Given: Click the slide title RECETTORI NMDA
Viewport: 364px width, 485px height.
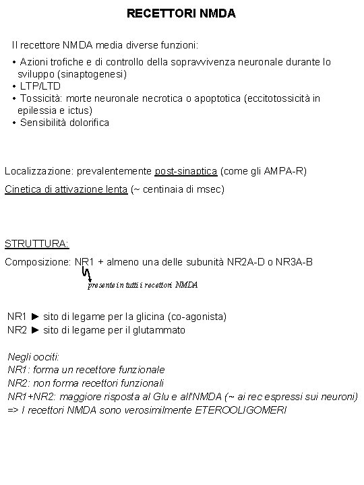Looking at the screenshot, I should click(181, 13).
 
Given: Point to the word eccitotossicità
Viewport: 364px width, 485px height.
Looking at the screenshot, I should click(276, 98).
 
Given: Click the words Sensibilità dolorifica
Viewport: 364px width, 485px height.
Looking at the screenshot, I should click(65, 123).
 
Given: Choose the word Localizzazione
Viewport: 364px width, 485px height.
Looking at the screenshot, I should click(36, 171).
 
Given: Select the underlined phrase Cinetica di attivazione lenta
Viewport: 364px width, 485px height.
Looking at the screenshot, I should click(65, 189).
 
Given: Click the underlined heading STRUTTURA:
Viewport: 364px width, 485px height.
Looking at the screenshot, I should click(37, 244).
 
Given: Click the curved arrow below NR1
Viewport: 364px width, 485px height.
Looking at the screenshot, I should click(86, 273).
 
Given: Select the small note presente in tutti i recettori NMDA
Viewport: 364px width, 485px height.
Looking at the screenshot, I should click(143, 285).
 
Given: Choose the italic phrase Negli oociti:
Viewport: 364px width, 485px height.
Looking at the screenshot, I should click(34, 356).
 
